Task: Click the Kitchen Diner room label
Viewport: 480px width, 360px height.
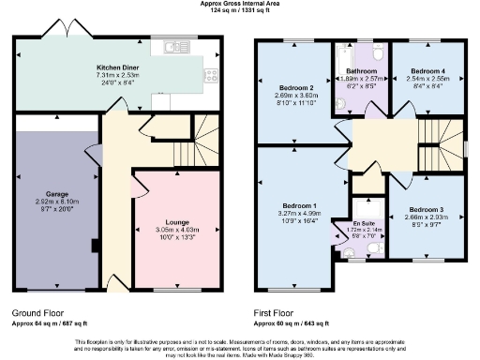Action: [x=118, y=67]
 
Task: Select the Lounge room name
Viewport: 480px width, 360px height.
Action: [x=177, y=221]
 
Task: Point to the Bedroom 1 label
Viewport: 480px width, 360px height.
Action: [x=300, y=205]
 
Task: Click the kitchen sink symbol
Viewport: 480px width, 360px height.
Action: [x=174, y=46]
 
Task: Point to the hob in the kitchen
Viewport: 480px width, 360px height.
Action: [x=213, y=76]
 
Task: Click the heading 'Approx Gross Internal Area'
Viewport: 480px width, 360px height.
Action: [x=239, y=4]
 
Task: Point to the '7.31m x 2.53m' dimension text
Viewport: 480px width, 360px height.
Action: [x=118, y=75]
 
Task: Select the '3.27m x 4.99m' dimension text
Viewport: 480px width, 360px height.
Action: [x=300, y=213]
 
